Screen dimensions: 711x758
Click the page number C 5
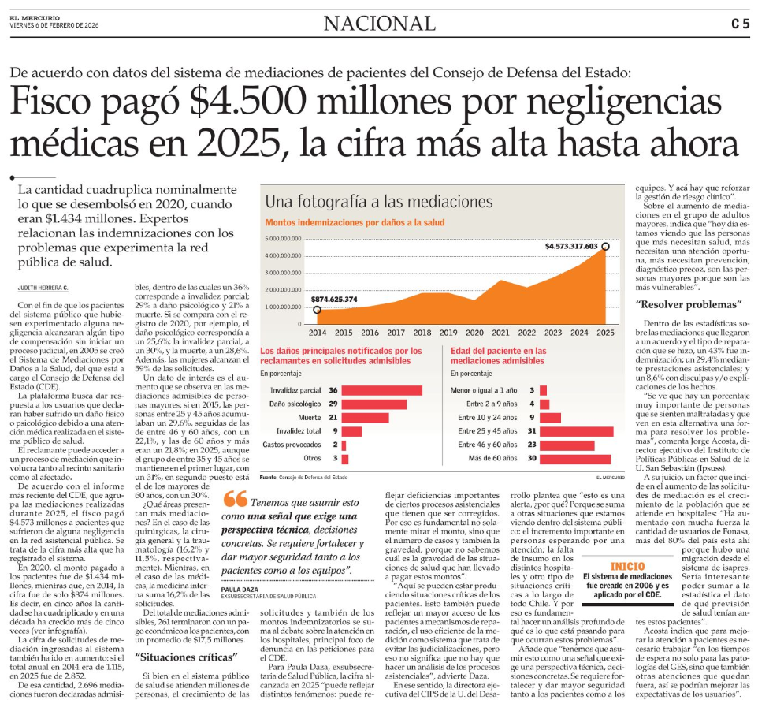[739, 24]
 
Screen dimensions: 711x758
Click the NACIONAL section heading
[379, 24]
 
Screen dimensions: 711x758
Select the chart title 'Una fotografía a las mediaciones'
[378, 201]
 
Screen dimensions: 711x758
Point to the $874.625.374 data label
[334, 300]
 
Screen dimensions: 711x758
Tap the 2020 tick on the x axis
[474, 333]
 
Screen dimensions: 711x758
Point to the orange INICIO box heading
[626, 567]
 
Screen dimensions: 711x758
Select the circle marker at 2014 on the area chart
[317, 310]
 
